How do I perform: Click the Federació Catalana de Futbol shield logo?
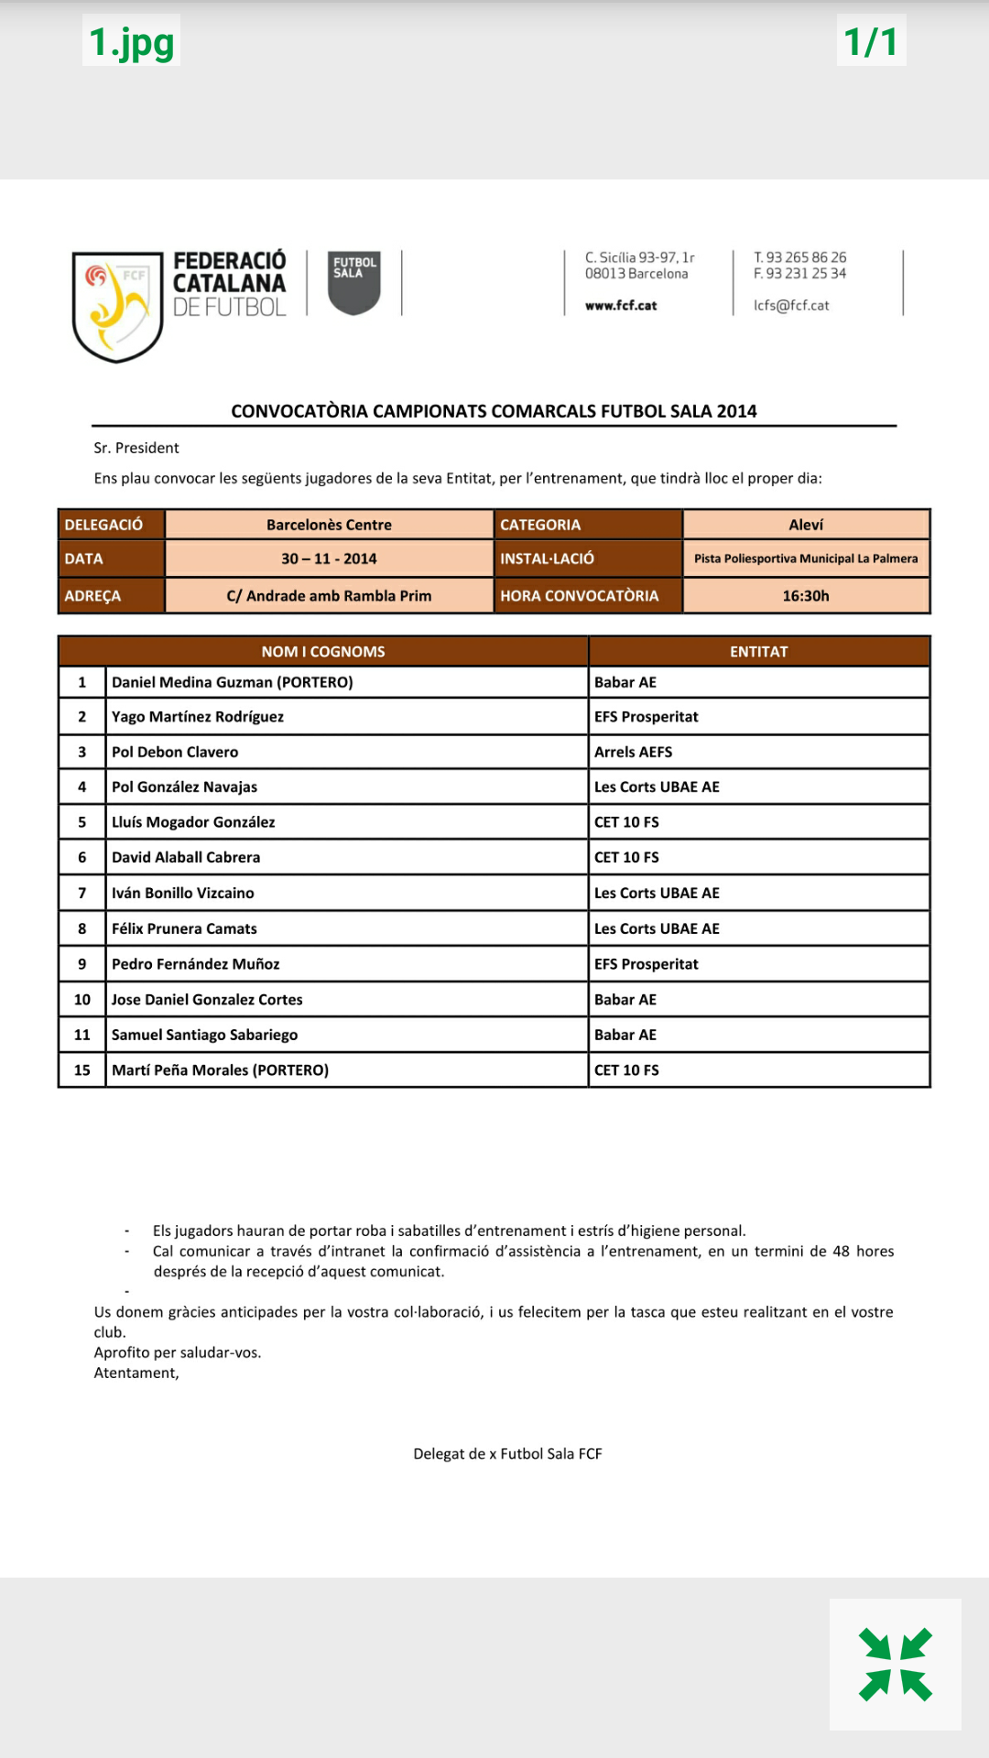[117, 306]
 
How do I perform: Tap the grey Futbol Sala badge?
[354, 283]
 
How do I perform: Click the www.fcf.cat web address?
[621, 306]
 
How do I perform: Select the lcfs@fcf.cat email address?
[791, 306]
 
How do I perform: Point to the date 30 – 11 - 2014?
[329, 559]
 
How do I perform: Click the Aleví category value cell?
[806, 525]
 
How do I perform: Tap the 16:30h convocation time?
[806, 596]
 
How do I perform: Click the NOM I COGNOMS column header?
[323, 652]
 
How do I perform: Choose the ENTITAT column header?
[758, 652]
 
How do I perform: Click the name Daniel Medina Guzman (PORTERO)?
[232, 682]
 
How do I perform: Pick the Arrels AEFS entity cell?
[633, 752]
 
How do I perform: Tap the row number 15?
[82, 1070]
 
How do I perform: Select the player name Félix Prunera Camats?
[184, 928]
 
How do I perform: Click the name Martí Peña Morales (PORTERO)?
[220, 1070]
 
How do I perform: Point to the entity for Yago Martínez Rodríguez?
[646, 717]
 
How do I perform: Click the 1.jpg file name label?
[131, 41]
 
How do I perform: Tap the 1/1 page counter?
[871, 41]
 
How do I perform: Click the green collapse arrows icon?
[895, 1664]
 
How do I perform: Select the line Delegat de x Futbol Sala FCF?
[507, 1454]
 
